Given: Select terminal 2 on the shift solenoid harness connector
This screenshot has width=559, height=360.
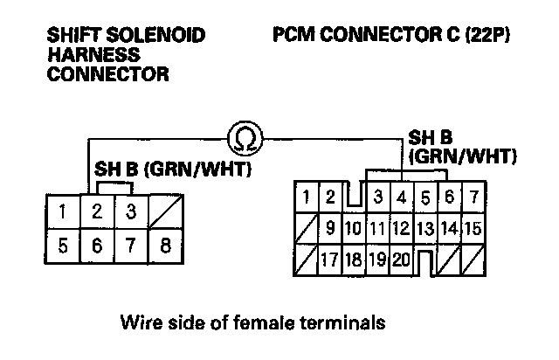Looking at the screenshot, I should (98, 211).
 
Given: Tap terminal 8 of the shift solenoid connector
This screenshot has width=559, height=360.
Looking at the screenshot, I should (165, 245).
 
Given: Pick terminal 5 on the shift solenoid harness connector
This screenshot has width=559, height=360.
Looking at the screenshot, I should (63, 245).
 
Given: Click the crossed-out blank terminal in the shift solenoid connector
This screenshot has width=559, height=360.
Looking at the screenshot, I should (165, 211).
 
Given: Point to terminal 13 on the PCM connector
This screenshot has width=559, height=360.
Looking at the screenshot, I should (424, 229).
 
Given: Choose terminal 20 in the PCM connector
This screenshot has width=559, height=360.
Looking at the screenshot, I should (401, 260).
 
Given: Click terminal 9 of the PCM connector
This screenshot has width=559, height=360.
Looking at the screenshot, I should (330, 229).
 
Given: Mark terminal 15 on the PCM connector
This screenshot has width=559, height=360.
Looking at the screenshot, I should (473, 229).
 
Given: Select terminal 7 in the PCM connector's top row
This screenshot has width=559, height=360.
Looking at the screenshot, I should (473, 197).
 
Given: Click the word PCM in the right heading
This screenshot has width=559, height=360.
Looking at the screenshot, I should (292, 37).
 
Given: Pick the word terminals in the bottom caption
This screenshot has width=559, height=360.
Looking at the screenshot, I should (348, 323).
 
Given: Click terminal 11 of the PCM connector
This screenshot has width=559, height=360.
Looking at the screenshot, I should (377, 229).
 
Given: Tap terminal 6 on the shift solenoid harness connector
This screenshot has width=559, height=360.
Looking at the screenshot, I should (98, 245).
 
